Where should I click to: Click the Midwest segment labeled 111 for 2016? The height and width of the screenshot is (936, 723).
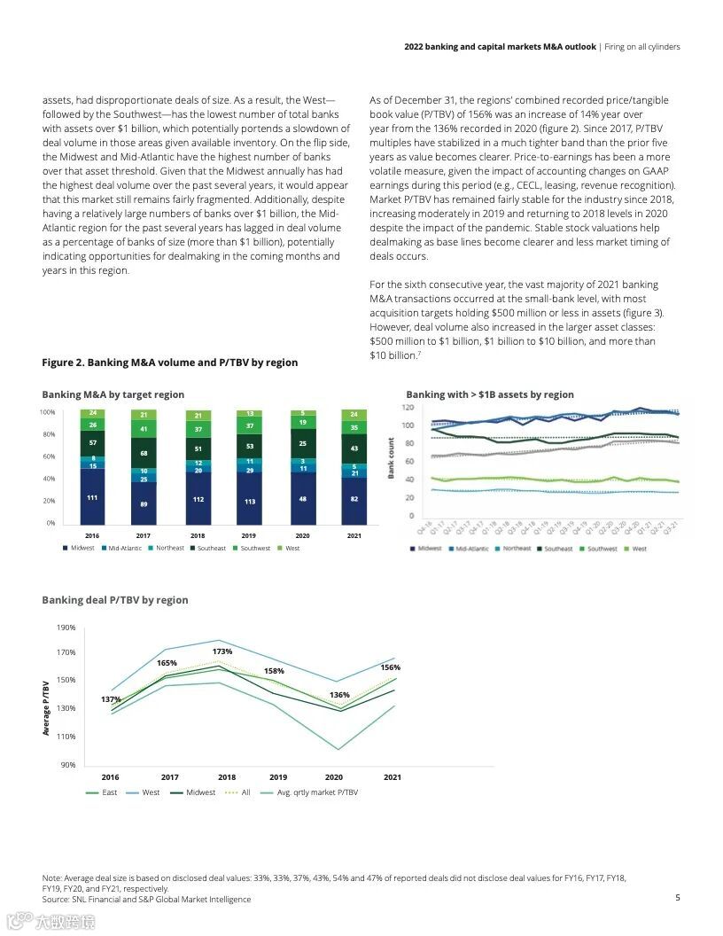(x=92, y=497)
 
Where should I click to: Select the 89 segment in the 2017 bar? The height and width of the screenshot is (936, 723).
(x=144, y=503)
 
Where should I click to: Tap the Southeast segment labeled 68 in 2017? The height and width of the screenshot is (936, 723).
(x=144, y=453)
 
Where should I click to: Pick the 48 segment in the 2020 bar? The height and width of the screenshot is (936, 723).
(x=303, y=499)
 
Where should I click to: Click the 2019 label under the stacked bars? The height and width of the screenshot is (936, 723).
(x=250, y=536)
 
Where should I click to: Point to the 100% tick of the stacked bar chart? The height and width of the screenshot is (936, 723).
(x=48, y=412)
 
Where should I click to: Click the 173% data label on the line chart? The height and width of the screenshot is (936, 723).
(x=222, y=651)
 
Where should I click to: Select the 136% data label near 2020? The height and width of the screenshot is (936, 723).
(x=339, y=695)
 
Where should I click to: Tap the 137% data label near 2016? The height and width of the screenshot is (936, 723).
(x=111, y=699)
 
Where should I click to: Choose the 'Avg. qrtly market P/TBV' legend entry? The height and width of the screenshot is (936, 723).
(x=311, y=792)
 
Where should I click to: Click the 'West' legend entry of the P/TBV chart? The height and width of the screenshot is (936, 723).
(x=145, y=792)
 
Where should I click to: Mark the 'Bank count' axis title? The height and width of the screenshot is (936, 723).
(x=391, y=458)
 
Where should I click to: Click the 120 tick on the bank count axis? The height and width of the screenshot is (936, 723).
(x=408, y=408)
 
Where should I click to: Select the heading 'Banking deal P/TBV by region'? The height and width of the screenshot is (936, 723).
(x=115, y=600)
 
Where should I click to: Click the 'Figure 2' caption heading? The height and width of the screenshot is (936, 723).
(x=170, y=363)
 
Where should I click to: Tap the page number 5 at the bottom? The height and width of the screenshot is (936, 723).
(x=678, y=897)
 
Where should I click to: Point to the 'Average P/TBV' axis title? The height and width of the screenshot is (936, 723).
(x=45, y=706)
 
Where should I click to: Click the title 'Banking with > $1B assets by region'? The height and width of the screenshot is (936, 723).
(x=490, y=394)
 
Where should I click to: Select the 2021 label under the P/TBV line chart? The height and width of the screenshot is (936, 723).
(x=392, y=777)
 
